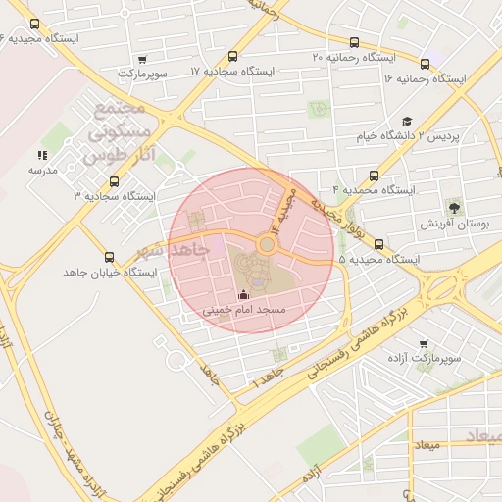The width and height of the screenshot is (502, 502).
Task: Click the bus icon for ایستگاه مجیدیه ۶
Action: [x=35, y=24]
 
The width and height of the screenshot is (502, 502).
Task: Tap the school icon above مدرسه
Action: [x=41, y=155]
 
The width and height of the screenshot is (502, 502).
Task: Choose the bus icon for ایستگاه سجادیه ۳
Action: [x=115, y=181]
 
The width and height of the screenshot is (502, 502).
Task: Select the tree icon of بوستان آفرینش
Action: [x=454, y=207]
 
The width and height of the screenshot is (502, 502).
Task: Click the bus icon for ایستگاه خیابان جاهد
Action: [x=107, y=256]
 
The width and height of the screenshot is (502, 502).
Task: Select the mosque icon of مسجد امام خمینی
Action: [x=243, y=294]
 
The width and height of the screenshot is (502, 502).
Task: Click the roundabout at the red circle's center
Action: [x=266, y=243]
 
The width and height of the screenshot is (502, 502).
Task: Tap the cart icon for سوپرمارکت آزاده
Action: [x=423, y=344]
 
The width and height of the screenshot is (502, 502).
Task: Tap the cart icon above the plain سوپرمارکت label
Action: [x=144, y=59]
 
